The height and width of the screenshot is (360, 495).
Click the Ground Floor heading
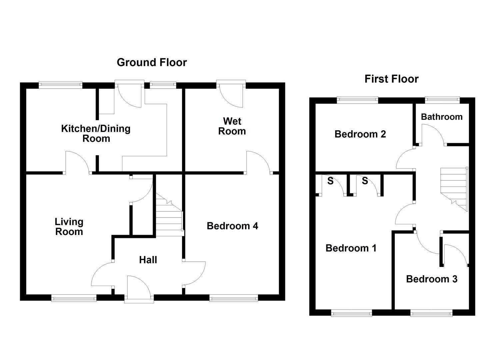[x=152, y=63]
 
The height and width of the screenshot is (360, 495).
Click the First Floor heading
[x=391, y=79]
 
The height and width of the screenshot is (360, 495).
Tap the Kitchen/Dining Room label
[x=96, y=133]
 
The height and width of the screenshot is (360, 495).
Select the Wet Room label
[x=232, y=126]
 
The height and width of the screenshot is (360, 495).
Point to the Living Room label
[x=69, y=227]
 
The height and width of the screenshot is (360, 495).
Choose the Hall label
[x=148, y=260]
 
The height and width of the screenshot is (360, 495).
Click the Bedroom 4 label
[x=232, y=226]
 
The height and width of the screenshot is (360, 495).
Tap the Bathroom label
[x=442, y=117]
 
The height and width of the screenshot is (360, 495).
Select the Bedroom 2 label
[x=360, y=134]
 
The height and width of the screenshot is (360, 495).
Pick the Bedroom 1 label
[x=351, y=248]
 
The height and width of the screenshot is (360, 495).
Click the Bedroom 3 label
[x=432, y=279]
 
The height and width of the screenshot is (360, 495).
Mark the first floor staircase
[x=454, y=189]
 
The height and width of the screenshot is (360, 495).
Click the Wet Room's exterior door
[x=231, y=94]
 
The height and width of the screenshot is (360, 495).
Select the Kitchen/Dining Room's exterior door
[x=130, y=94]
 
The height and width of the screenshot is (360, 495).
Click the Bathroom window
[x=442, y=100]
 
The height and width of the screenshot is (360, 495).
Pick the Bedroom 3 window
[x=431, y=313]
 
